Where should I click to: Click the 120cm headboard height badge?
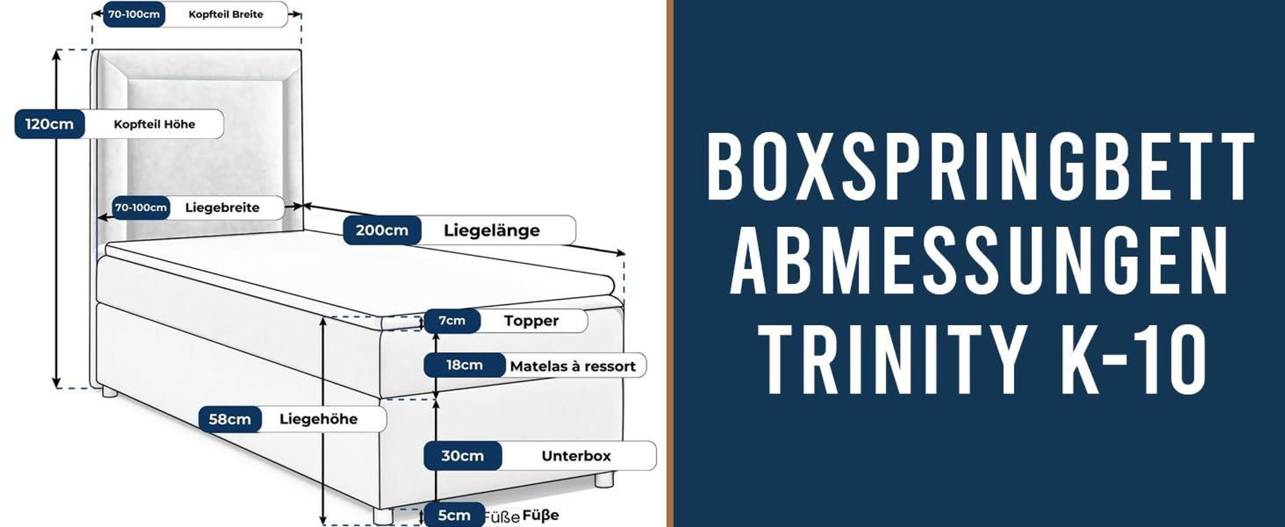tap(49, 124)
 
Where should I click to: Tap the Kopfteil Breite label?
tap(226, 14)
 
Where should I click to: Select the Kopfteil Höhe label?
tap(154, 124)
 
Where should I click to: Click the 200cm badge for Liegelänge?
tap(382, 230)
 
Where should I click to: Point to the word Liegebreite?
tap(222, 208)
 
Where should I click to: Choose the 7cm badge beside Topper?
tap(452, 321)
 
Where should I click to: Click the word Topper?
tap(531, 321)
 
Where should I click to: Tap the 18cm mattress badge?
tap(465, 365)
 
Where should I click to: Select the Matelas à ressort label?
tap(572, 366)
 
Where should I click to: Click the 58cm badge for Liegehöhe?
tap(230, 420)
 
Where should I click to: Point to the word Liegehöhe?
tap(318, 419)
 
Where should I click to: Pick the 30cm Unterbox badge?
tap(463, 456)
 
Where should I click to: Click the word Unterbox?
tap(576, 456)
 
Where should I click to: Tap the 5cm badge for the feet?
tap(454, 515)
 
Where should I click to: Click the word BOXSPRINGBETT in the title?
tap(980, 166)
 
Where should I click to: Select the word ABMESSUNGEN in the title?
tap(980, 262)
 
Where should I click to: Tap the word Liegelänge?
tap(492, 231)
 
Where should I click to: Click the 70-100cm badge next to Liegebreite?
tap(141, 208)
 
